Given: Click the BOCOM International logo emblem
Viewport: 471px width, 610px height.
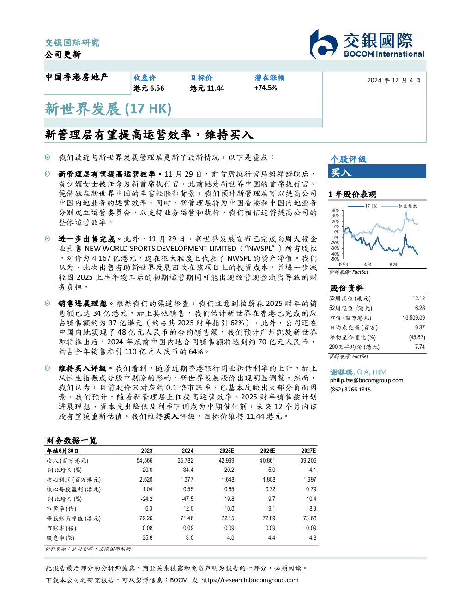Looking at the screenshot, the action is (x=323, y=44).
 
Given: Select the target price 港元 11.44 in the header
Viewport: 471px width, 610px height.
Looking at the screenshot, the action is (x=207, y=88).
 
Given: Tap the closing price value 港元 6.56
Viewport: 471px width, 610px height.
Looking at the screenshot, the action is (x=149, y=88).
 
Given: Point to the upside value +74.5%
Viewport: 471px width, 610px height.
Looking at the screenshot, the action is (x=266, y=88).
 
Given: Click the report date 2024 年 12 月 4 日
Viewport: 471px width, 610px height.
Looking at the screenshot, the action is (x=394, y=80).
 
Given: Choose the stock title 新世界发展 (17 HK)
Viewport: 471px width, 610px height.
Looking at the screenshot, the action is (x=108, y=109).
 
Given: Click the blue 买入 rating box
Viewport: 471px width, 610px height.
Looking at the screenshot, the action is (x=377, y=172).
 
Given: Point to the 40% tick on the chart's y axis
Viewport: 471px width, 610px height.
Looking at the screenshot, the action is (x=336, y=211).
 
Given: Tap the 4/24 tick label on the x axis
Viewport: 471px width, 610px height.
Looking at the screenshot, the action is (x=368, y=265).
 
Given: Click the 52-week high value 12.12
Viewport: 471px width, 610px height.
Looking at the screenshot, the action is (x=418, y=299).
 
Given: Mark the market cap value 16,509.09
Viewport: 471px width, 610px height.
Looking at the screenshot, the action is (x=413, y=318).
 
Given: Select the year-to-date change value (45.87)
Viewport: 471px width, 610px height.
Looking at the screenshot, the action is (x=417, y=337).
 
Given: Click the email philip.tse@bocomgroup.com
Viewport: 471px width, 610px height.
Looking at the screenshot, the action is (x=366, y=380).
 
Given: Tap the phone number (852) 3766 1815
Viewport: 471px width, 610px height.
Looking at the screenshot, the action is (x=350, y=390).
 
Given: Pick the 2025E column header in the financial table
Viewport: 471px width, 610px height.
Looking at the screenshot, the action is (x=227, y=451).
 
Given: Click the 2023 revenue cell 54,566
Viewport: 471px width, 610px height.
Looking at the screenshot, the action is (x=145, y=461).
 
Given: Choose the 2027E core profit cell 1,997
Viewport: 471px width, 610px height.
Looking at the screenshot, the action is (x=310, y=480).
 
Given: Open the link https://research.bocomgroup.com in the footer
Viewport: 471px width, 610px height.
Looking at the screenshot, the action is (x=250, y=580).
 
